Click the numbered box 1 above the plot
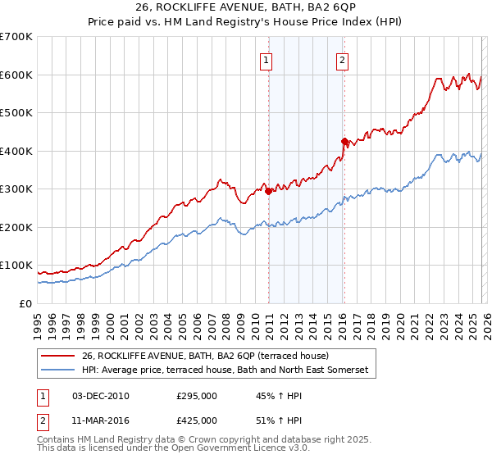click(267, 59)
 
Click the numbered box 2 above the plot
click(341, 59)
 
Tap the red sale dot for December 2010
click(268, 191)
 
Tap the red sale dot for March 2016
click(344, 141)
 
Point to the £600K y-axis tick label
click(16, 75)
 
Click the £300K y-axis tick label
click(16, 189)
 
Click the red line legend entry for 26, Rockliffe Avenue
click(205, 356)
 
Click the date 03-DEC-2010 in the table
click(101, 396)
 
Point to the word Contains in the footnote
click(56, 439)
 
